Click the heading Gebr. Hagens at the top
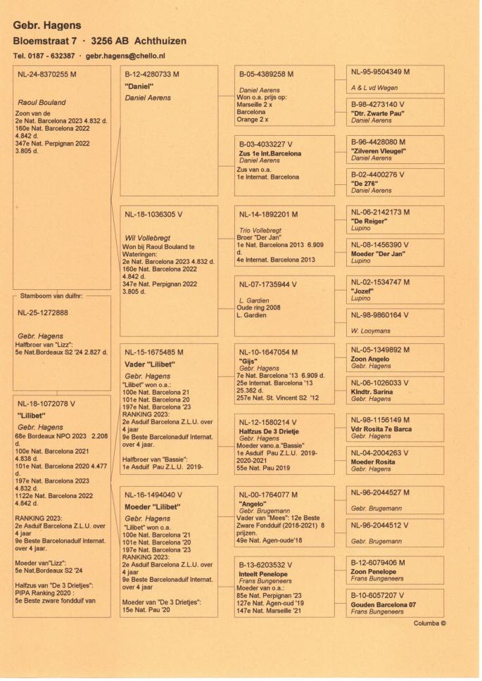click(x=46, y=25)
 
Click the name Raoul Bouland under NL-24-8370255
click(x=45, y=102)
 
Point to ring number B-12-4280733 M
click(x=151, y=74)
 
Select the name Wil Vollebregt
click(x=148, y=238)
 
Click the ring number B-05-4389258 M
click(x=266, y=74)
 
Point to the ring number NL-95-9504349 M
click(x=380, y=72)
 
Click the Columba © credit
click(x=430, y=623)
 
